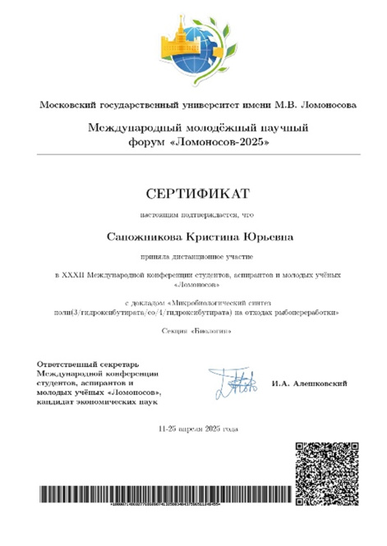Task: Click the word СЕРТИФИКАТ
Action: tap(193, 194)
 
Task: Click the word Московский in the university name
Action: tap(67, 105)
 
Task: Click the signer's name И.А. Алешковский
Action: tap(309, 383)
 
